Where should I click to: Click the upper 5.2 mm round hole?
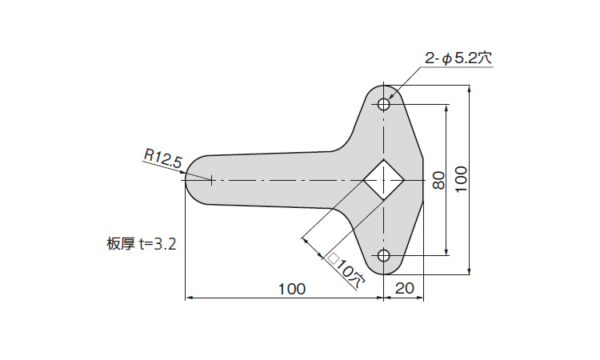pyautogui.click(x=384, y=104)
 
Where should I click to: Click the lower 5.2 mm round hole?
pyautogui.click(x=384, y=256)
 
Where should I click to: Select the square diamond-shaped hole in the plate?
pyautogui.click(x=384, y=180)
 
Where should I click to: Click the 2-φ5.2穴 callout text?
pyautogui.click(x=460, y=58)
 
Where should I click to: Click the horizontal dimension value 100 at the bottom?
pyautogui.click(x=291, y=290)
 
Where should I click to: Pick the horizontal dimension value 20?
pyautogui.click(x=404, y=290)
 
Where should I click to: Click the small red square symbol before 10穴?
pyautogui.click(x=334, y=258)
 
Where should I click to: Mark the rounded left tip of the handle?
pyautogui.click(x=188, y=180)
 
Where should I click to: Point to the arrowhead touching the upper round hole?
pyautogui.click(x=390, y=98)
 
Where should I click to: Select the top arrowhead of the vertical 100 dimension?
pyautogui.click(x=470, y=89)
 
